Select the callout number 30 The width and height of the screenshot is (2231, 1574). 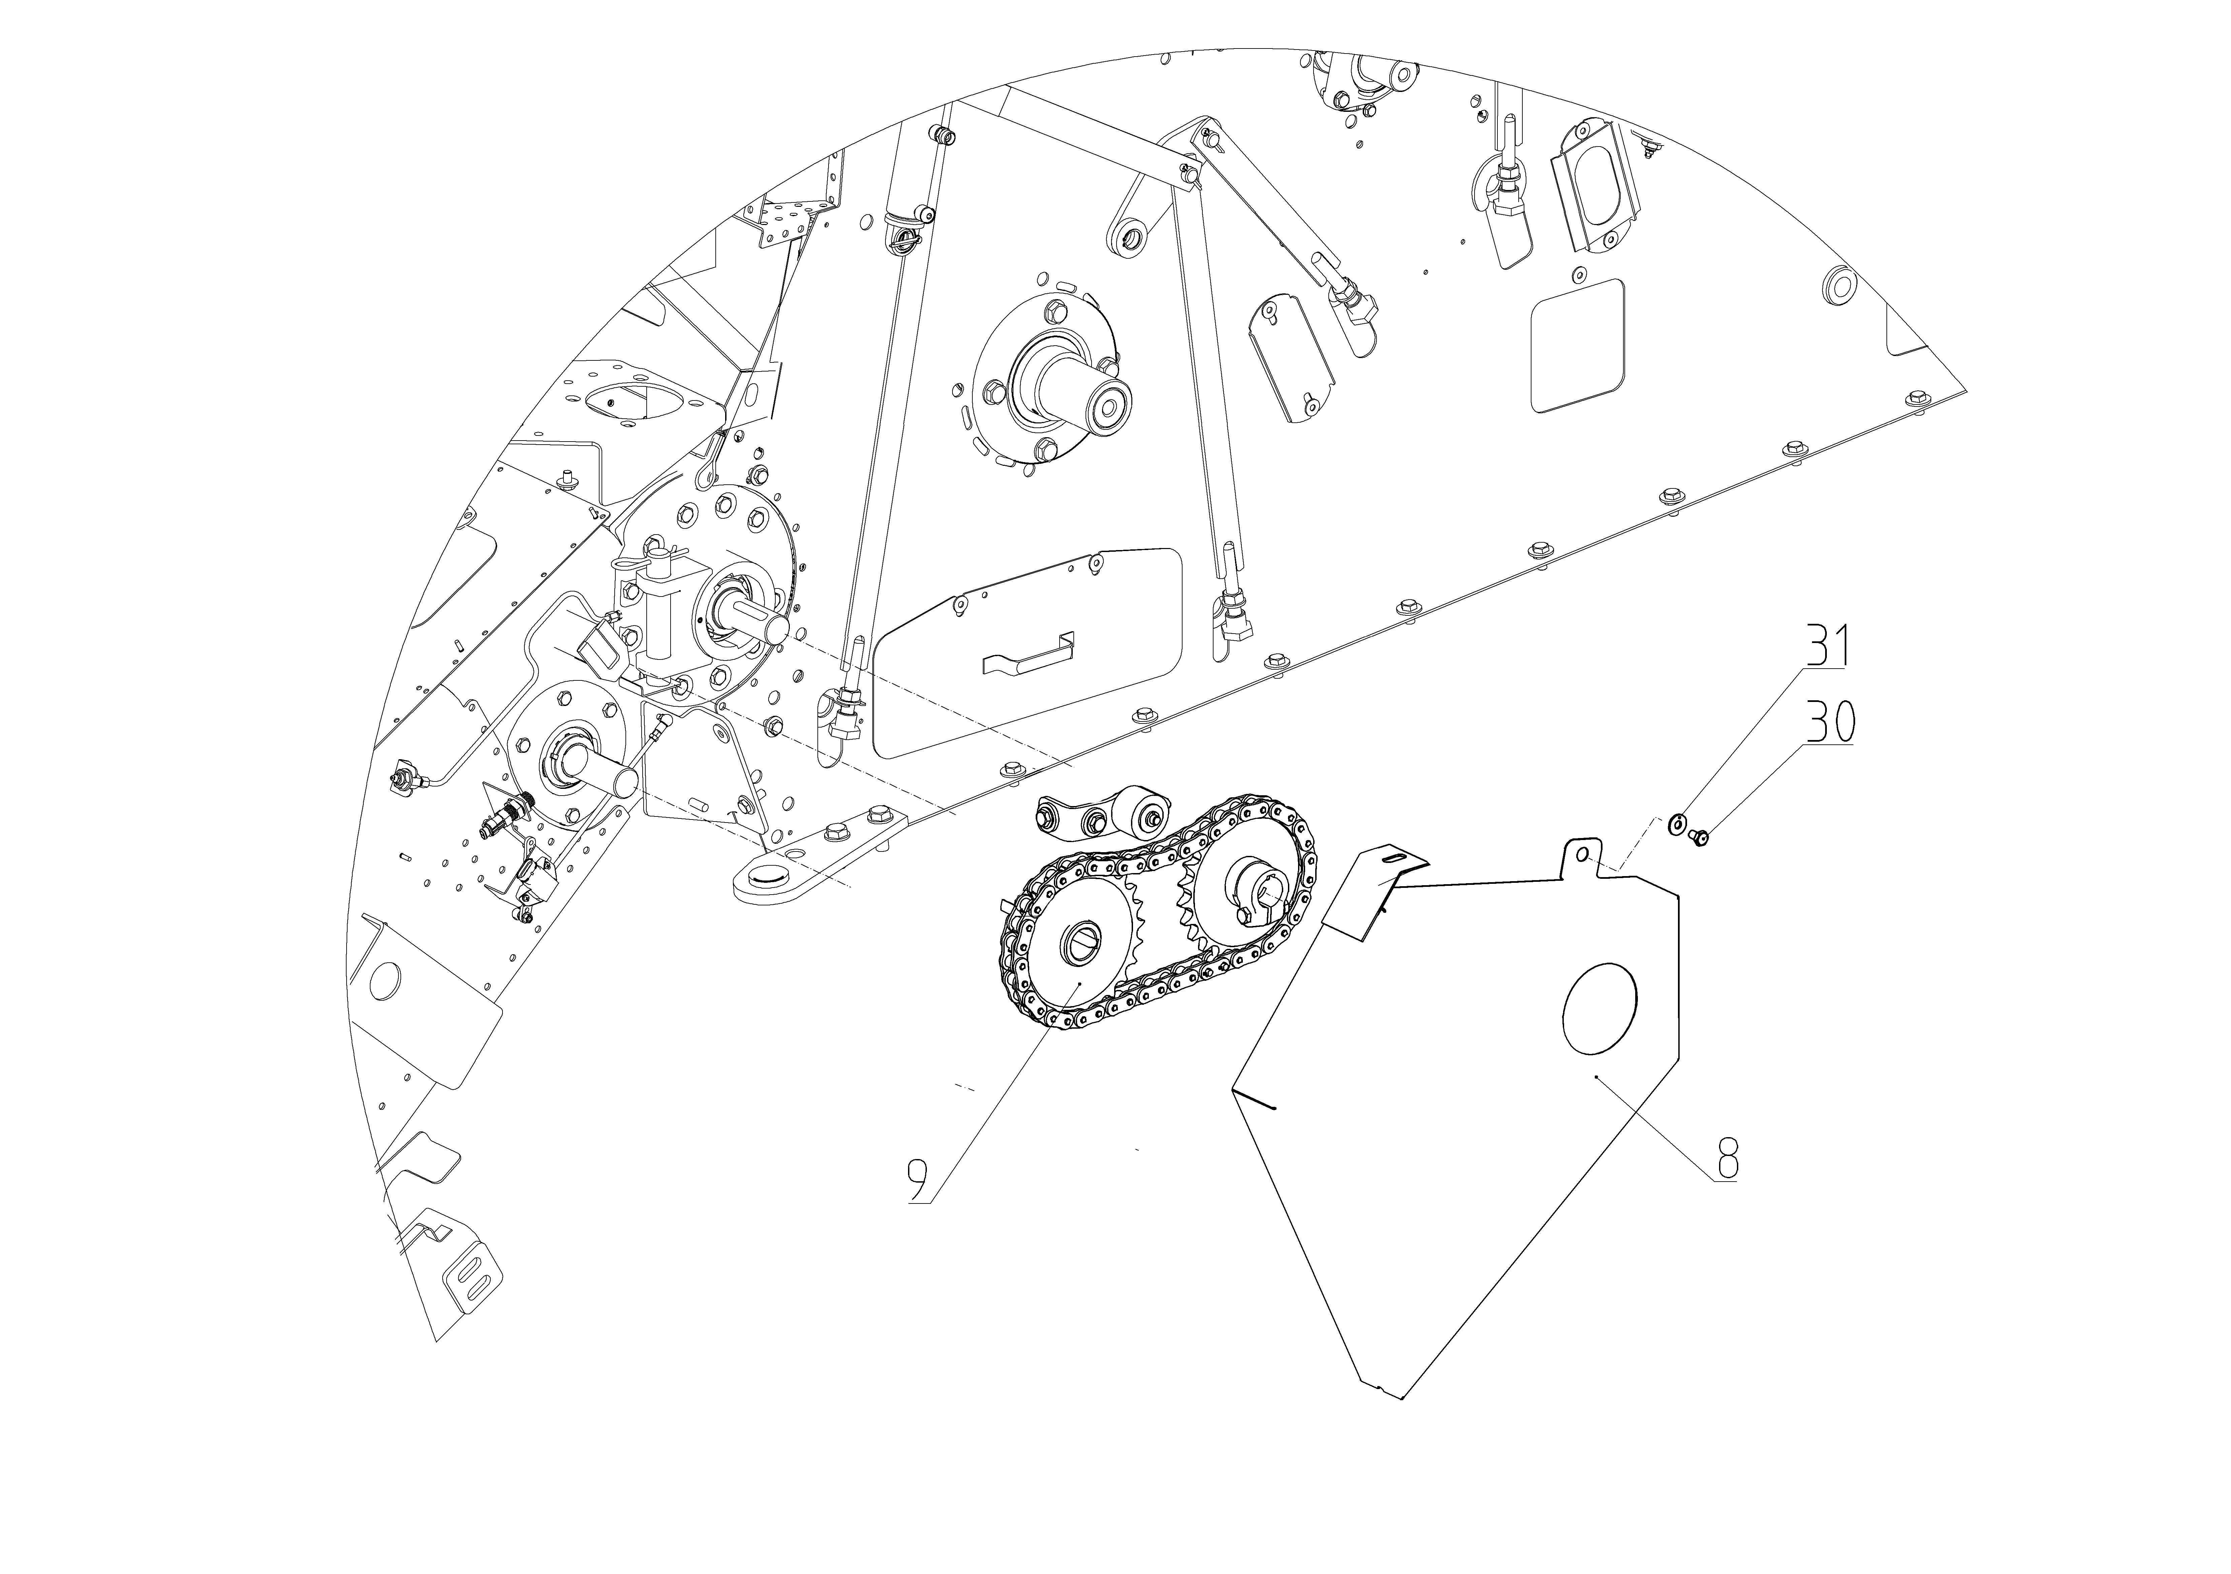point(1830,722)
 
